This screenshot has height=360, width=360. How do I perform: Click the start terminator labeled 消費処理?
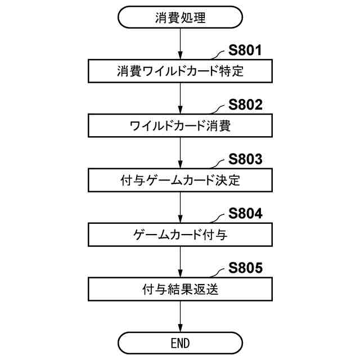[x=180, y=17]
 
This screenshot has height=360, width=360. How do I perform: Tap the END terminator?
[x=180, y=343]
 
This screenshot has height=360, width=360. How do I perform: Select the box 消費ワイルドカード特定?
[x=180, y=71]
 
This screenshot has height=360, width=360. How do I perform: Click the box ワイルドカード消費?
[x=180, y=126]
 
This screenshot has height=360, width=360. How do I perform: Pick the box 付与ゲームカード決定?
[x=180, y=181]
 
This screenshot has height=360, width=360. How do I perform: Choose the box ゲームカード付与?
[x=180, y=235]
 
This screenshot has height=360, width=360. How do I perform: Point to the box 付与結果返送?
[x=180, y=289]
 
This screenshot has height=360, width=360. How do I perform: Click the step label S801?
[x=245, y=52]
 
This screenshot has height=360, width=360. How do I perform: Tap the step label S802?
[x=245, y=106]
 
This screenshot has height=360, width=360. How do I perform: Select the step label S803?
[x=245, y=160]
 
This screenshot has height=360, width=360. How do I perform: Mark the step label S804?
[x=245, y=214]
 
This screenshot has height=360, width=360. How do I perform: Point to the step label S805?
[x=245, y=269]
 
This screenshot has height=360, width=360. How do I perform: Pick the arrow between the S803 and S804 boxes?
[x=180, y=207]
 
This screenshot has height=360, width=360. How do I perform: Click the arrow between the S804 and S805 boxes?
[x=180, y=262]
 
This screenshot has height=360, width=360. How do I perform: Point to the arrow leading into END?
[x=180, y=316]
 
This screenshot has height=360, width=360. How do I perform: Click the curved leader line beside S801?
[x=217, y=56]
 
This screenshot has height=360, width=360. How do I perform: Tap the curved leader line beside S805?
[x=217, y=274]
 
